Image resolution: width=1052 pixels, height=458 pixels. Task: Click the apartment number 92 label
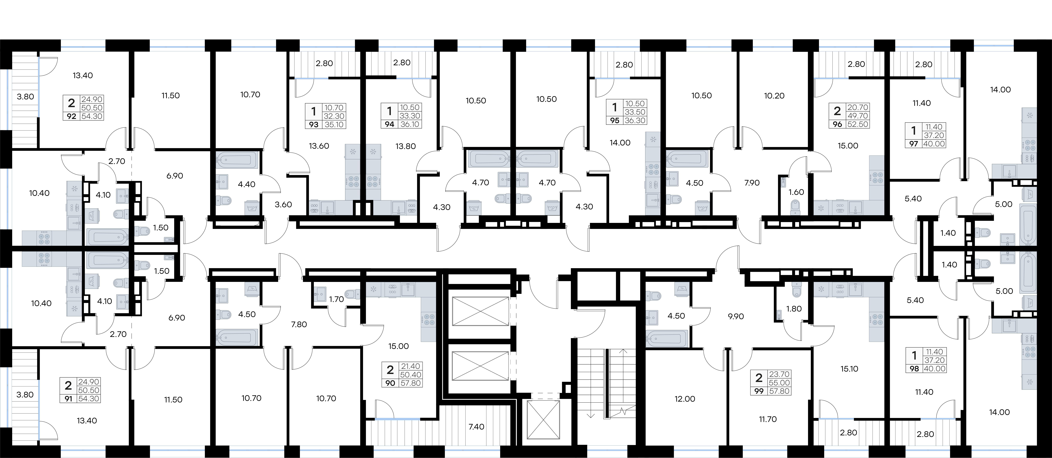click(71, 116)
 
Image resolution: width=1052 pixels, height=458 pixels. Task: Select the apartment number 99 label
click(759, 391)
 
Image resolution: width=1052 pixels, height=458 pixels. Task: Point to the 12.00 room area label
click(685, 399)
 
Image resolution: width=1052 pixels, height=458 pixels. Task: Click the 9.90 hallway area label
click(736, 316)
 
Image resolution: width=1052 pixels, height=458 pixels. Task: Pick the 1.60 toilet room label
click(796, 192)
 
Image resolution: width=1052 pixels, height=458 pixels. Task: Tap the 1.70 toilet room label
click(337, 299)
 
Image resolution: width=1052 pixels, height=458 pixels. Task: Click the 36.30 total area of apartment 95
click(635, 121)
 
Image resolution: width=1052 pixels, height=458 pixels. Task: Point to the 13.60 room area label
click(319, 146)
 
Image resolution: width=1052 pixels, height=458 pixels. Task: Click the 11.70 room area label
click(768, 419)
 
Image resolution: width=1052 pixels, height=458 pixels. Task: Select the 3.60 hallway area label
click(283, 205)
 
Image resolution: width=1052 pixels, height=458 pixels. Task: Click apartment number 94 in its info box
click(390, 124)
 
